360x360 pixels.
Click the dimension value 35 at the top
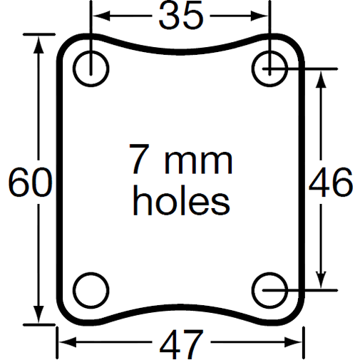tap(180, 16)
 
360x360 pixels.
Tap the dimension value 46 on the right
tap(330, 184)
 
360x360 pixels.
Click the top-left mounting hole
tap(90, 68)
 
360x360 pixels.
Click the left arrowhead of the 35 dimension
tap(99, 16)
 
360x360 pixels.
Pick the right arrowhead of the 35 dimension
tap(261, 16)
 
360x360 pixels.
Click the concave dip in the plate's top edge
tap(180, 51)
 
